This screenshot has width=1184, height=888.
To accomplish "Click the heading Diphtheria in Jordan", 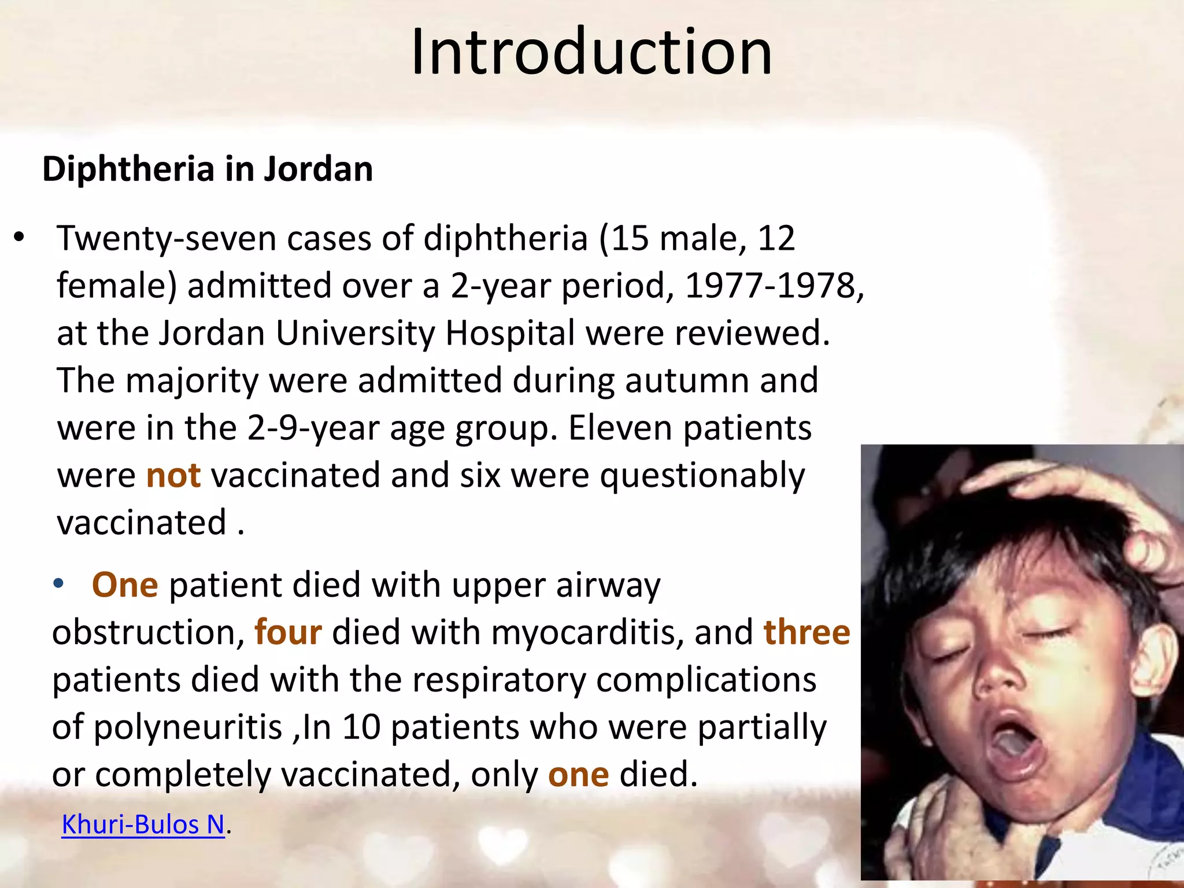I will click(x=208, y=169).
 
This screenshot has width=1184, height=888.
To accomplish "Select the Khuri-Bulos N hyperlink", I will click(x=143, y=824).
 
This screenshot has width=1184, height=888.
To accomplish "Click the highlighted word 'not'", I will click(x=173, y=476).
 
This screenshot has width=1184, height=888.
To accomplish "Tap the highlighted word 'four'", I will click(x=288, y=632).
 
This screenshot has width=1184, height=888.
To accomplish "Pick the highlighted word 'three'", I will click(x=806, y=632).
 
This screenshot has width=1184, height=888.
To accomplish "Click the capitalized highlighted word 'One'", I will click(x=125, y=584).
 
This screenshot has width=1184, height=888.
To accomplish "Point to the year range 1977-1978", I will click(x=774, y=286).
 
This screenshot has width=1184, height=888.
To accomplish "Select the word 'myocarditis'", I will click(x=587, y=632).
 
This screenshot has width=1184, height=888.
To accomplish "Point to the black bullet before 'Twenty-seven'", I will click(x=20, y=237).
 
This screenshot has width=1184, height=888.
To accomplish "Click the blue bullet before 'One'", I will click(x=58, y=584).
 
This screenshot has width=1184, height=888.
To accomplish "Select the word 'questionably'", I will click(x=702, y=476).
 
